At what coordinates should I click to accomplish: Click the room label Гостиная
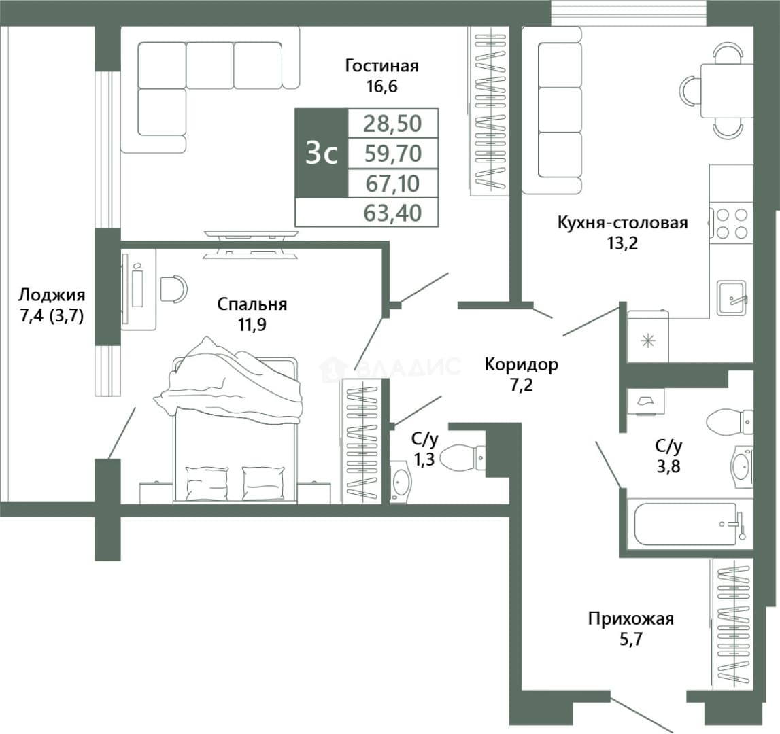[x=382, y=66]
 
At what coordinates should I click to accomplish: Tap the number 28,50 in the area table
[x=393, y=123]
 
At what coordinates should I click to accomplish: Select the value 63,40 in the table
[x=393, y=213]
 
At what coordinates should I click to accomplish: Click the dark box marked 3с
[x=322, y=154]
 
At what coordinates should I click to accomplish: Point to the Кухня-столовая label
[x=622, y=222]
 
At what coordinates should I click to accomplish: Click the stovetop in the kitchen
[x=731, y=224]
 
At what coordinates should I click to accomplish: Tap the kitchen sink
[x=731, y=298]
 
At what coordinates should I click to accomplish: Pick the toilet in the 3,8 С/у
[x=729, y=421]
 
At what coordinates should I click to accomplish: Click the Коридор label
[x=522, y=364]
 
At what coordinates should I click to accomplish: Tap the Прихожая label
[x=631, y=618]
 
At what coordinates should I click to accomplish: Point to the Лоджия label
[x=52, y=296]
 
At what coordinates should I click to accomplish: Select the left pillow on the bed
[x=207, y=483]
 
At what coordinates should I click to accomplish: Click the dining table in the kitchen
[x=727, y=90]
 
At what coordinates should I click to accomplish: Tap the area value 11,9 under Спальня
[x=252, y=325]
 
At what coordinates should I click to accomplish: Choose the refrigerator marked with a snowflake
[x=648, y=336]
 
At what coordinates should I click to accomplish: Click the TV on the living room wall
[x=251, y=245]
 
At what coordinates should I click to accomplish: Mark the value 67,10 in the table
[x=393, y=183]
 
